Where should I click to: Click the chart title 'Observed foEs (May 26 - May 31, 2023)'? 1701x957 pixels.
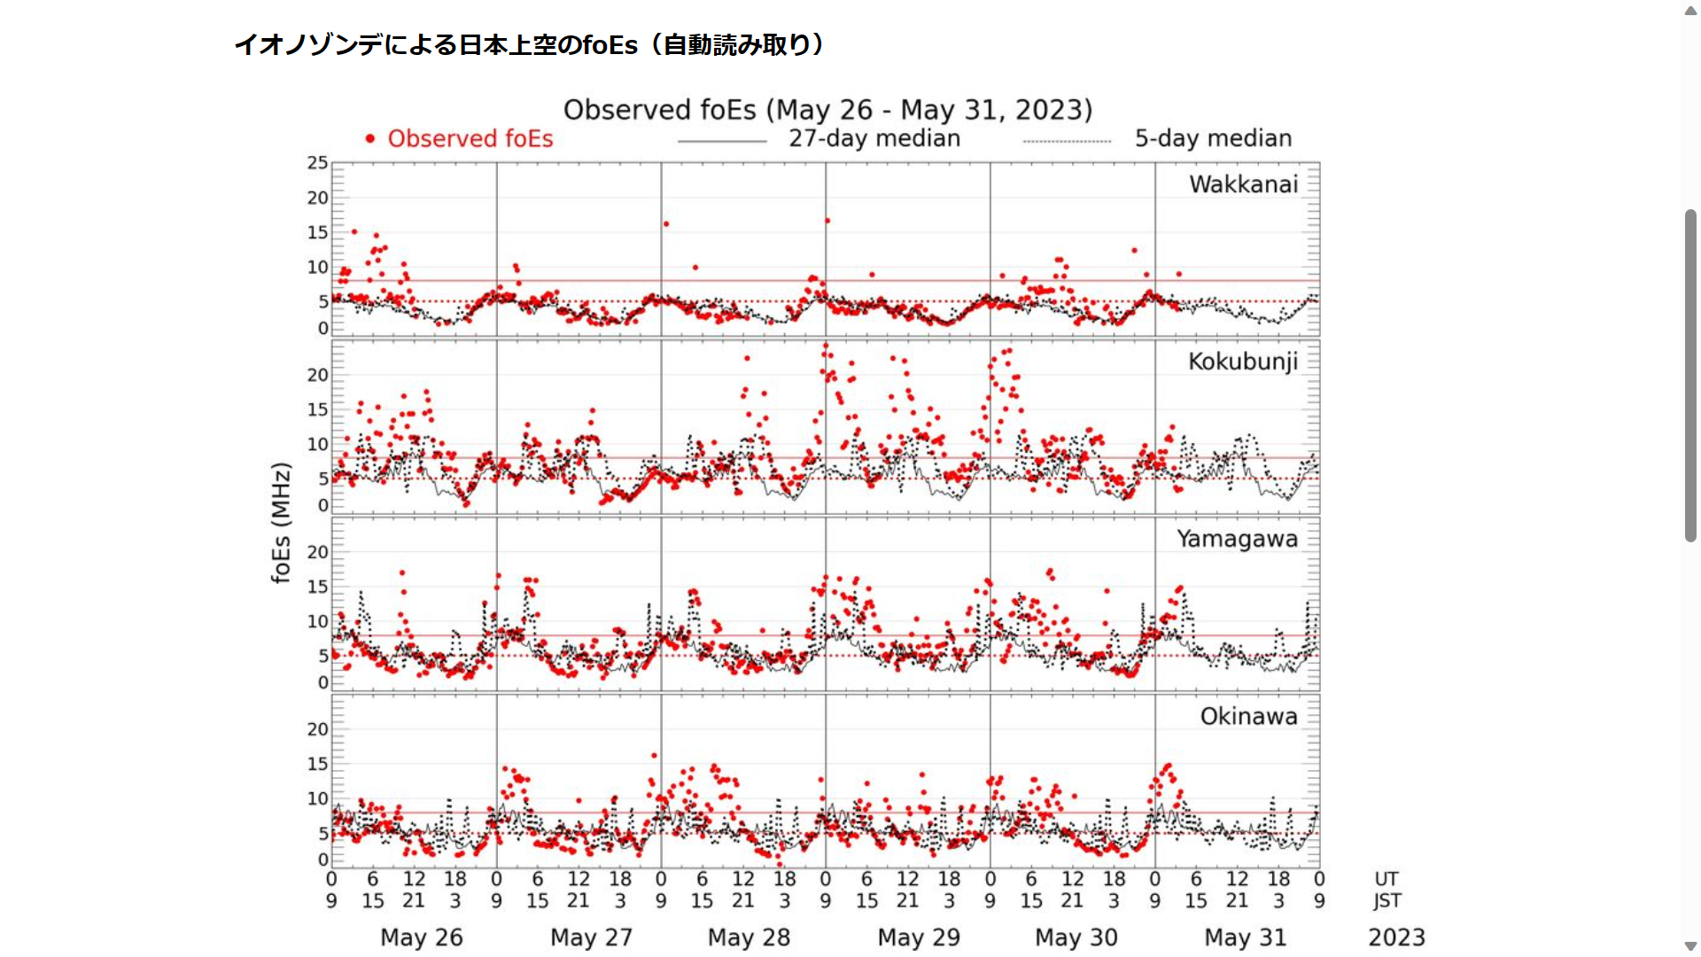(827, 110)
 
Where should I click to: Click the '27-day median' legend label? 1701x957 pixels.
(874, 139)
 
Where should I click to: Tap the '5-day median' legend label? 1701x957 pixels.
(1213, 139)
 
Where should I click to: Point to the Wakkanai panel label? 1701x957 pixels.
(1243, 184)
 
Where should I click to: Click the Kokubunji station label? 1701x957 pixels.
(1242, 362)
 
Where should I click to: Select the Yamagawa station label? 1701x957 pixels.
(1237, 539)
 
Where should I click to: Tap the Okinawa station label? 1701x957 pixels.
(1248, 716)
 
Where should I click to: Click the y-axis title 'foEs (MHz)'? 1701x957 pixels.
(281, 523)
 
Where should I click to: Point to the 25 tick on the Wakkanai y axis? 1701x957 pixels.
(317, 163)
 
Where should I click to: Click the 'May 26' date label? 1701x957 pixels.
(422, 938)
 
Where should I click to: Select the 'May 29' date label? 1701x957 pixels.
(919, 938)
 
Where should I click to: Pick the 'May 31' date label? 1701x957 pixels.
(1245, 938)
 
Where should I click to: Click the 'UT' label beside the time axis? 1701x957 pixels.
(1386, 879)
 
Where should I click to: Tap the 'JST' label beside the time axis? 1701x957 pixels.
(1387, 901)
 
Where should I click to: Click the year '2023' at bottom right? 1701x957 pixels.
(1396, 938)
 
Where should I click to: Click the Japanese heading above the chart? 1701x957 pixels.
(529, 45)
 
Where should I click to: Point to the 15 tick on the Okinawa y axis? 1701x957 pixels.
(317, 764)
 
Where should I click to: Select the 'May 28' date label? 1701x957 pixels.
(749, 938)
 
